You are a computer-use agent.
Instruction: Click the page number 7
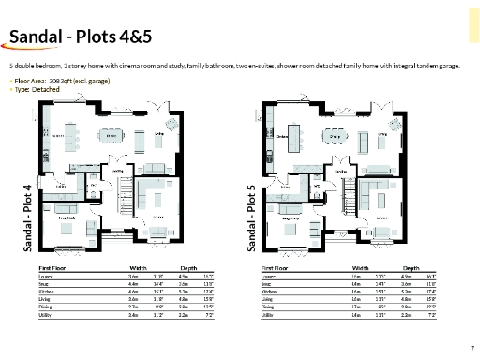click(471, 348)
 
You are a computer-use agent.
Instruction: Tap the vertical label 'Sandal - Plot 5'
click(251, 217)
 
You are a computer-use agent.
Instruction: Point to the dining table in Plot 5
click(336, 141)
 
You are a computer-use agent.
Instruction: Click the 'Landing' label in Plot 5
click(341, 172)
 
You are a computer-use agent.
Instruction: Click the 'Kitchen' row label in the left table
click(46, 292)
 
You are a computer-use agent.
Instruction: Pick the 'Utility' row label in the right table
click(268, 315)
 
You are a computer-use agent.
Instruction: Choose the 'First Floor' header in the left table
click(52, 267)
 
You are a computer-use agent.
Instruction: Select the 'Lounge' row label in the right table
click(269, 276)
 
